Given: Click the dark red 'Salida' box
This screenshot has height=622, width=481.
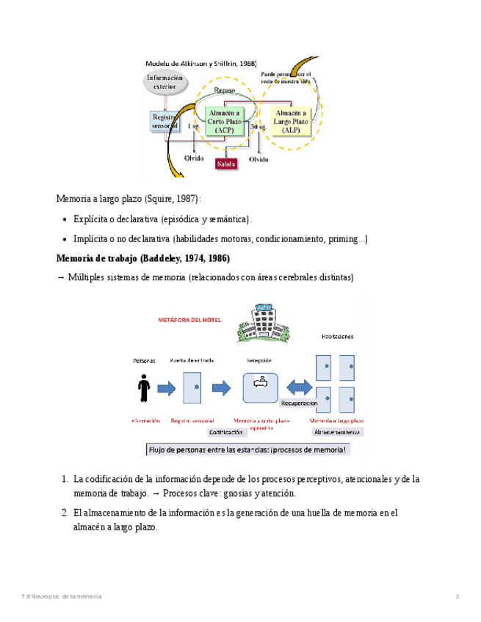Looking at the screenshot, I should (x=226, y=164).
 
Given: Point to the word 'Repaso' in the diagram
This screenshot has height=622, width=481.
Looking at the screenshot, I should (x=224, y=90).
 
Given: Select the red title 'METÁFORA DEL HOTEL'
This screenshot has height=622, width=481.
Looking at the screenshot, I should (x=189, y=321).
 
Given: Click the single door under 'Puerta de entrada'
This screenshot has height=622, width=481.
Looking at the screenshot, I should (x=192, y=387).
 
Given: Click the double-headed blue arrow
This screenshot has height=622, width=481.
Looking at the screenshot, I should (x=300, y=387).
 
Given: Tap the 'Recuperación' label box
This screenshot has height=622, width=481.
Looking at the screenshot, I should (x=299, y=403).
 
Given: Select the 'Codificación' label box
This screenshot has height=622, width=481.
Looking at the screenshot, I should (x=225, y=433).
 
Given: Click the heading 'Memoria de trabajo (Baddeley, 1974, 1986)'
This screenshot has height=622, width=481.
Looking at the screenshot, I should (x=143, y=258).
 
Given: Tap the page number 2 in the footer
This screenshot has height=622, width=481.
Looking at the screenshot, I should (x=457, y=596).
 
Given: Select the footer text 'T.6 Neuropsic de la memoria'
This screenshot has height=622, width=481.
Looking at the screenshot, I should (x=62, y=596).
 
